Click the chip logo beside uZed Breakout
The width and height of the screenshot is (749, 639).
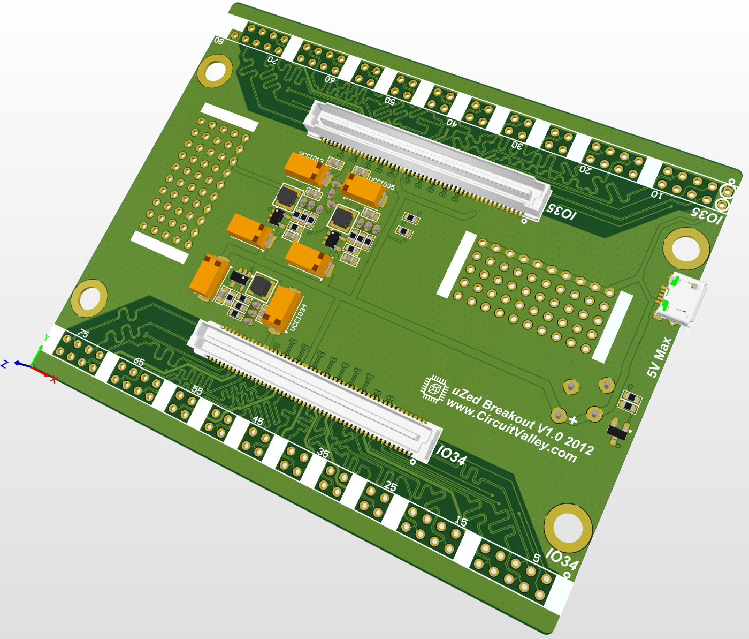(x=434, y=388)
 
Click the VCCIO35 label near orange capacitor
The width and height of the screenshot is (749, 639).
(x=381, y=184)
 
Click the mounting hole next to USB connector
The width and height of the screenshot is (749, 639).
(x=686, y=249)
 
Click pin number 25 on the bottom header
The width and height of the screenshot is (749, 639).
(x=391, y=486)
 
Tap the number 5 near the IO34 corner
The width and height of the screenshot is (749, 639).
(x=537, y=559)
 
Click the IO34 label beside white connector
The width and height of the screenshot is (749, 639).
(x=451, y=456)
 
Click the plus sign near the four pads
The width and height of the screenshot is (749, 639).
(x=573, y=420)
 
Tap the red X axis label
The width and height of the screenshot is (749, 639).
(x=54, y=379)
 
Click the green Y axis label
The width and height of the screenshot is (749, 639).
(x=47, y=337)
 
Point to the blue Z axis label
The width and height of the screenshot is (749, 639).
(x=4, y=364)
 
